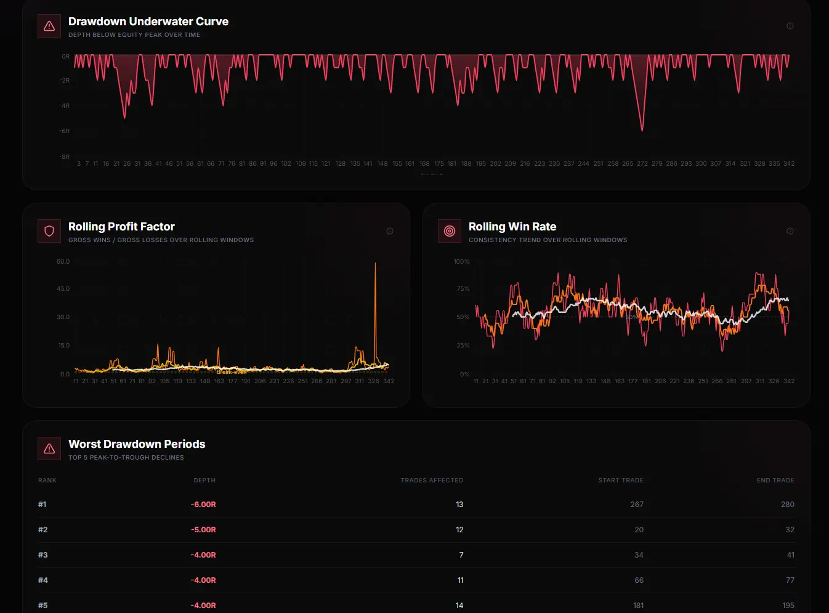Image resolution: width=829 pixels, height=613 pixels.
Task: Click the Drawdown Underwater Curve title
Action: [148, 22]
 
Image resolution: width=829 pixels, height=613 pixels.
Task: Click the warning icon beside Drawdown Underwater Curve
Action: [49, 26]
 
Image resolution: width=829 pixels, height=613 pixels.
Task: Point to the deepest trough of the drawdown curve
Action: [642, 130]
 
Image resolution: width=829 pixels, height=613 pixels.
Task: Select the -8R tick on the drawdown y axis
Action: [65, 156]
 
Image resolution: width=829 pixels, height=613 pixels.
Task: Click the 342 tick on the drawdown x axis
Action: [788, 164]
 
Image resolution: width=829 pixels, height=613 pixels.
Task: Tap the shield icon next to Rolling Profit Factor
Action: [49, 231]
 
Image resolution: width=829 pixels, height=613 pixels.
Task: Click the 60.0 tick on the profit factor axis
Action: [63, 262]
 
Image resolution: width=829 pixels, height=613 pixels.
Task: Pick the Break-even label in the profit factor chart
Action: [232, 372]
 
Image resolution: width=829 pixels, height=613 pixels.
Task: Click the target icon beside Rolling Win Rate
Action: [450, 231]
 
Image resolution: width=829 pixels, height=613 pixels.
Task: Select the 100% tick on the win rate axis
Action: [461, 262]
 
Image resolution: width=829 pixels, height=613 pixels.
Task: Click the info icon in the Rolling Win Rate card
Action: [790, 231]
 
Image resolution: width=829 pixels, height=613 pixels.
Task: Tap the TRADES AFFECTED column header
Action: [432, 480]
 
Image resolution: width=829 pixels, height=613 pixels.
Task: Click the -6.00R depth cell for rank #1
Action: [203, 505]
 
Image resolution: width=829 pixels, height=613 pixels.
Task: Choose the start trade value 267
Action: [637, 505]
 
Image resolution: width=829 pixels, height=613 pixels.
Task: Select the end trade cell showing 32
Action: [790, 530]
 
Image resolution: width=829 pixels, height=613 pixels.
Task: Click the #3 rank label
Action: [42, 555]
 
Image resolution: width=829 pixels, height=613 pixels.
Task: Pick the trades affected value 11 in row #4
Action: [460, 580]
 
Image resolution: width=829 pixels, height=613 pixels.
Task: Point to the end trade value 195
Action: [788, 606]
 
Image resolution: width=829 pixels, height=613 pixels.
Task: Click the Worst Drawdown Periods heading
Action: [137, 444]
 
